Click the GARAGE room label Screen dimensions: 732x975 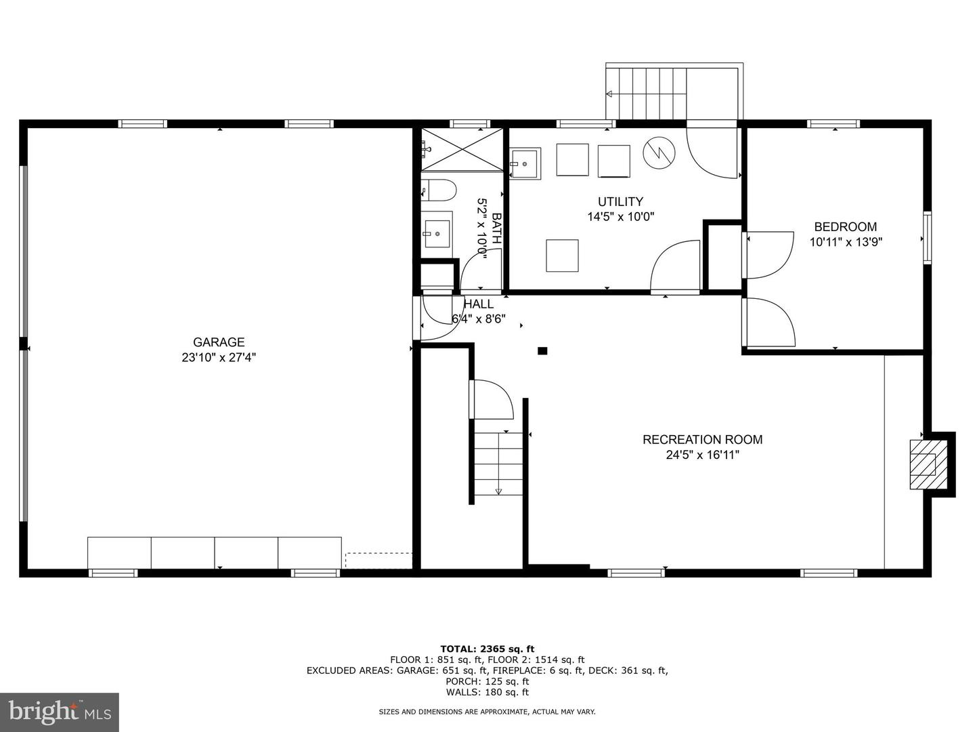(218, 342)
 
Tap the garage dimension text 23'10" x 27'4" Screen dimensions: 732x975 (218, 358)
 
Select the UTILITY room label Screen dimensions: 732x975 (620, 201)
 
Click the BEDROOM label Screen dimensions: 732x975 (845, 227)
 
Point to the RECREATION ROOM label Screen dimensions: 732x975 (702, 439)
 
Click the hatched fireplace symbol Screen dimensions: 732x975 (922, 464)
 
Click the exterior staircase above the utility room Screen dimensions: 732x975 (647, 94)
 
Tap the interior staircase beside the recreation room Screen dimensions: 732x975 (498, 464)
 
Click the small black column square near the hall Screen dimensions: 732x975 (542, 351)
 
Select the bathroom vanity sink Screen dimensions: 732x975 (437, 234)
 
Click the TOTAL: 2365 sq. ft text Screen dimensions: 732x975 (487, 649)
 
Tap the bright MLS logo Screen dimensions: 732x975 (60, 712)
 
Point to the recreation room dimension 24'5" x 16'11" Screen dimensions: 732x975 (702, 455)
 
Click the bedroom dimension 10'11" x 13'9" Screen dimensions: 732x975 (846, 242)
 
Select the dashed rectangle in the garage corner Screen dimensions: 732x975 (378, 561)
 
